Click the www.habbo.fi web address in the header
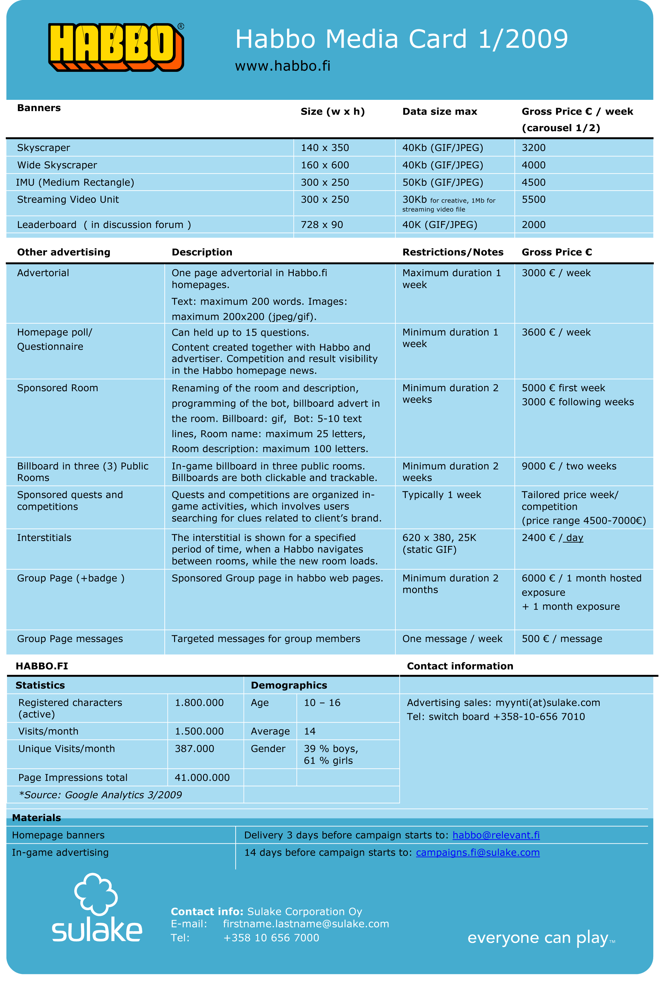coord(282,66)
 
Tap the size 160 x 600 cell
coord(325,165)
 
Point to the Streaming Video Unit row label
coord(68,200)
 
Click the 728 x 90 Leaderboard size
coord(322,225)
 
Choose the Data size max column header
coord(440,112)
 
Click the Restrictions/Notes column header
coord(453,252)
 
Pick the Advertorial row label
coord(43,273)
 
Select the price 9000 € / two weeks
coord(569,466)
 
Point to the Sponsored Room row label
coord(57,388)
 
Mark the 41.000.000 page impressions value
coord(202,778)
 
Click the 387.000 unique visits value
coord(194,748)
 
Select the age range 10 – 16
coord(322,703)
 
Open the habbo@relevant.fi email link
coord(496,835)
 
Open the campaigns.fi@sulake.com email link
coord(478,852)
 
